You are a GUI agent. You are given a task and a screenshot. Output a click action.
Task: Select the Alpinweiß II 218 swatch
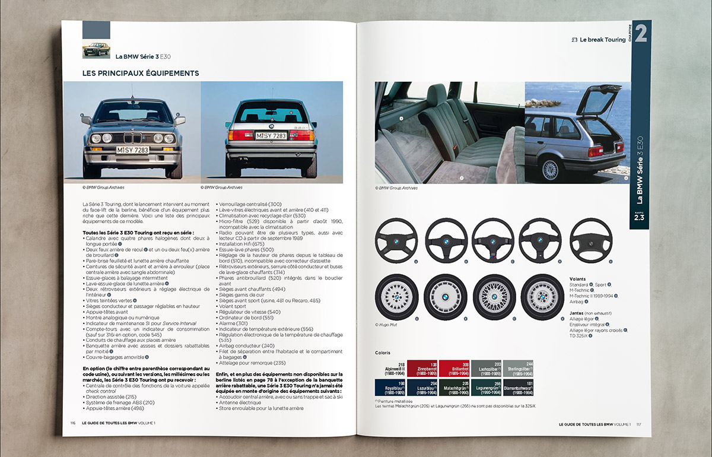click(390, 368)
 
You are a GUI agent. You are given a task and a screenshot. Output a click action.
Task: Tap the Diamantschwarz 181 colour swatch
click(517, 387)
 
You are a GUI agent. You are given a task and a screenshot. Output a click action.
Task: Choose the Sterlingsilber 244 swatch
click(517, 368)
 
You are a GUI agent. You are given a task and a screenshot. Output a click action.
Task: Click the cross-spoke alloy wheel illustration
click(493, 294)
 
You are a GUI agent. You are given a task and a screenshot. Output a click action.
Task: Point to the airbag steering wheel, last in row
click(591, 238)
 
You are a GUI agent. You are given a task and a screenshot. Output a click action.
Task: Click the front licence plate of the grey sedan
click(133, 151)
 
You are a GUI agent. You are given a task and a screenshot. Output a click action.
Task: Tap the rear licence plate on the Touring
click(271, 136)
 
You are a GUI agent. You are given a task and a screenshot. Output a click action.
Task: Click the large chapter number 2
click(640, 34)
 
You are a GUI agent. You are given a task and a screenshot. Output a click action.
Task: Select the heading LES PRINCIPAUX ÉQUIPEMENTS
click(141, 74)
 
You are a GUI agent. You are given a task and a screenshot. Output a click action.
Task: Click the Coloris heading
click(382, 353)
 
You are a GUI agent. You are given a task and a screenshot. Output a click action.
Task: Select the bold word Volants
click(577, 278)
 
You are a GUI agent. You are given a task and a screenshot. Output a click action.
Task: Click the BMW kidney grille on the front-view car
click(133, 139)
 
